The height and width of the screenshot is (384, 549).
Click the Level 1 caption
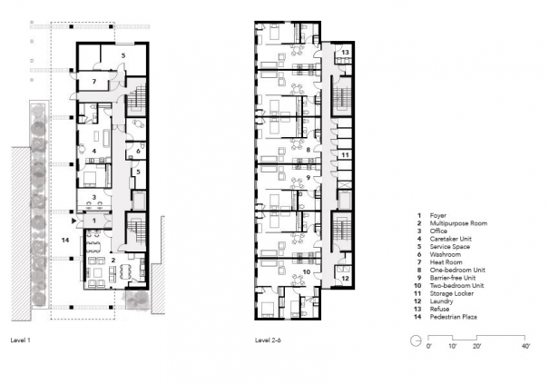point(20,340)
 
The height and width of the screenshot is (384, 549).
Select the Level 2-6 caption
point(268,340)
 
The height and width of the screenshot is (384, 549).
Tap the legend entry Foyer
point(438,216)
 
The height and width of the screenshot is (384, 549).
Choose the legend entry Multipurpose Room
point(458,223)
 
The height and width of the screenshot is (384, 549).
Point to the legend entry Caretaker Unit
point(451,239)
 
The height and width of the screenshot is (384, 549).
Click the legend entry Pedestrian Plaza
point(454,317)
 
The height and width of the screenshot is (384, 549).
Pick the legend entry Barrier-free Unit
point(453,278)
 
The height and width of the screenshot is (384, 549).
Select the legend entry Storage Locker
point(452,293)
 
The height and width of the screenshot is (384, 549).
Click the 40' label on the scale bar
point(526,346)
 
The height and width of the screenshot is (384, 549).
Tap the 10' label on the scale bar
point(452,346)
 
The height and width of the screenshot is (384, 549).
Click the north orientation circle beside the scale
point(416,340)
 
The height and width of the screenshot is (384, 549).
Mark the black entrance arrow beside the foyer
point(74,222)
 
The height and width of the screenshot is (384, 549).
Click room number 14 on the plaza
point(65,241)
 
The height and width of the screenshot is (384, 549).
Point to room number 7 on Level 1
point(94,82)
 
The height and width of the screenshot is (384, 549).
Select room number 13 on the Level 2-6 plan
point(345,53)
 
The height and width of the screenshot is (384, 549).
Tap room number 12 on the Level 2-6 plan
point(345,279)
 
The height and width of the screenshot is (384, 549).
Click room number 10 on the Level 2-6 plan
point(307,271)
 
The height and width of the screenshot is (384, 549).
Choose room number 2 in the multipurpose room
point(113,261)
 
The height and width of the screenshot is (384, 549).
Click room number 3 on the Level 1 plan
point(93,197)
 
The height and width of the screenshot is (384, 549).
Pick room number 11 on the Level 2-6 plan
point(345,155)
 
